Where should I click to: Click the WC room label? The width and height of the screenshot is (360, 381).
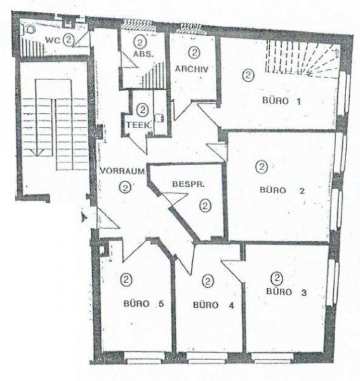pyautogui.click(x=53, y=40)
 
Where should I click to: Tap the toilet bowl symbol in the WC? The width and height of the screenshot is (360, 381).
pyautogui.click(x=29, y=29)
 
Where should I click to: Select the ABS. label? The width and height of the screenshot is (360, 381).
pyautogui.click(x=143, y=54)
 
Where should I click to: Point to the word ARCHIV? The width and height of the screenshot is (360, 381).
pyautogui.click(x=192, y=69)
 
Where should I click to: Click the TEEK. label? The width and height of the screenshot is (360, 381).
pyautogui.click(x=139, y=125)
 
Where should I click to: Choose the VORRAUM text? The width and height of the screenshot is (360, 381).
pyautogui.click(x=123, y=171)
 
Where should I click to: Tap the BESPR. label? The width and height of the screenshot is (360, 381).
pyautogui.click(x=189, y=184)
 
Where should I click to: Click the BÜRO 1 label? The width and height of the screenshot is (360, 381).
pyautogui.click(x=281, y=101)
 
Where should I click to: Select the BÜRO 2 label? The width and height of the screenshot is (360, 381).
pyautogui.click(x=282, y=190)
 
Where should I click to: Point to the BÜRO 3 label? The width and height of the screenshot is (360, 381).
pyautogui.click(x=286, y=291)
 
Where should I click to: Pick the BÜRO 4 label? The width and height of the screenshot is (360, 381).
pyautogui.click(x=213, y=305)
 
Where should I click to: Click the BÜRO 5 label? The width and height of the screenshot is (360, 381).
pyautogui.click(x=143, y=304)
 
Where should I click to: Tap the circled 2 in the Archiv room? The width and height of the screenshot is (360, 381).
pyautogui.click(x=194, y=52)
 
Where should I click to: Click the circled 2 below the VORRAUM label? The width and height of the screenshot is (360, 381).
pyautogui.click(x=125, y=187)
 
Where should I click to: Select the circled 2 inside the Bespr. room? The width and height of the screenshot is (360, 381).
pyautogui.click(x=206, y=206)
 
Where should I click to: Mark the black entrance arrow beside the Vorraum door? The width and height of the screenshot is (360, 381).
pyautogui.click(x=84, y=217)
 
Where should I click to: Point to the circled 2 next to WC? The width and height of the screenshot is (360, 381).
pyautogui.click(x=69, y=39)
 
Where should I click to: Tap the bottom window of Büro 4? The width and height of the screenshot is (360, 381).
pyautogui.click(x=207, y=358)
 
